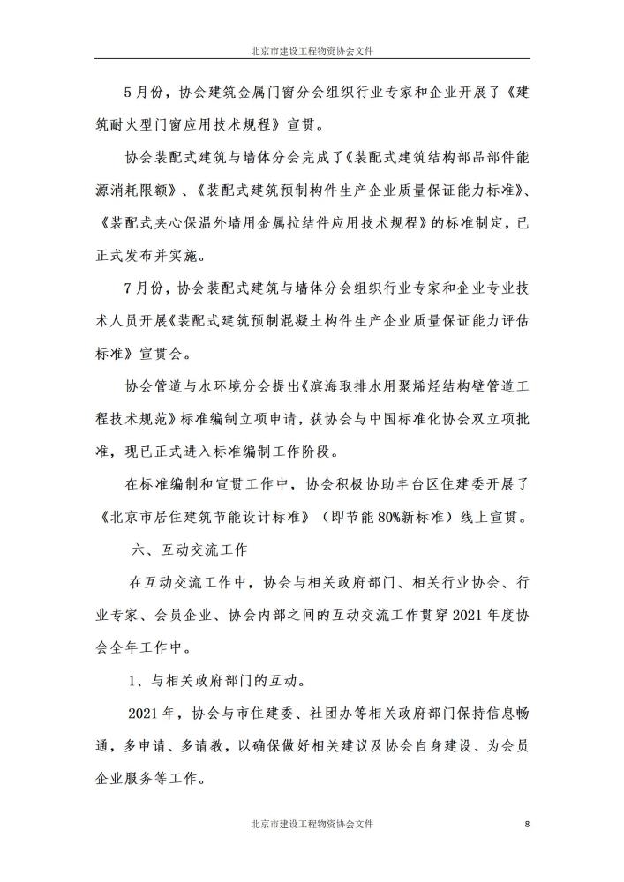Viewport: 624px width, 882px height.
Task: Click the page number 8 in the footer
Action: pyautogui.click(x=527, y=824)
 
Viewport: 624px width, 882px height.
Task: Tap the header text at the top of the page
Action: pyautogui.click(x=312, y=51)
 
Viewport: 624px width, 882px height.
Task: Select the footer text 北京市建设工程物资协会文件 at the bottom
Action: pyautogui.click(x=312, y=824)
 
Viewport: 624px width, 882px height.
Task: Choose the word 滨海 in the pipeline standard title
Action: pyautogui.click(x=319, y=386)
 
